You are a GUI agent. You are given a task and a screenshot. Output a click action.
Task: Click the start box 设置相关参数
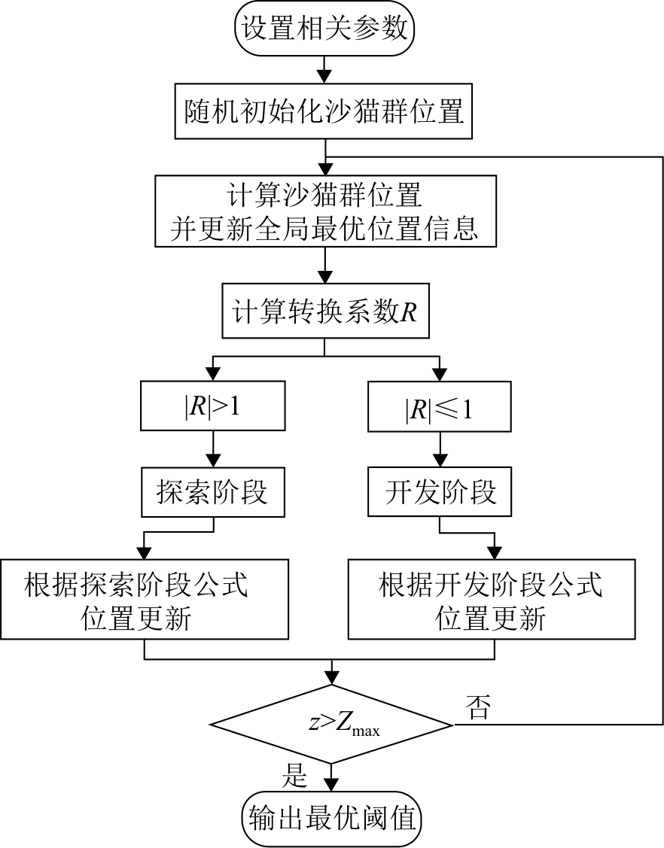click(324, 30)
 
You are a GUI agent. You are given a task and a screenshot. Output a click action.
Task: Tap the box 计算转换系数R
click(324, 312)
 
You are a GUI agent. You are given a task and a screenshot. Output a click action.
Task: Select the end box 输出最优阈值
click(331, 817)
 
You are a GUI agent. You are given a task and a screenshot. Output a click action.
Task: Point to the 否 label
click(479, 708)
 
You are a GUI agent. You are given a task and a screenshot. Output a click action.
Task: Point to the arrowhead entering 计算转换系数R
click(324, 276)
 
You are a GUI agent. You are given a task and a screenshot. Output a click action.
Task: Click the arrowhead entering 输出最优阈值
click(331, 783)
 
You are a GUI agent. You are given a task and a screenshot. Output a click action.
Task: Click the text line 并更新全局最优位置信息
click(324, 228)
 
